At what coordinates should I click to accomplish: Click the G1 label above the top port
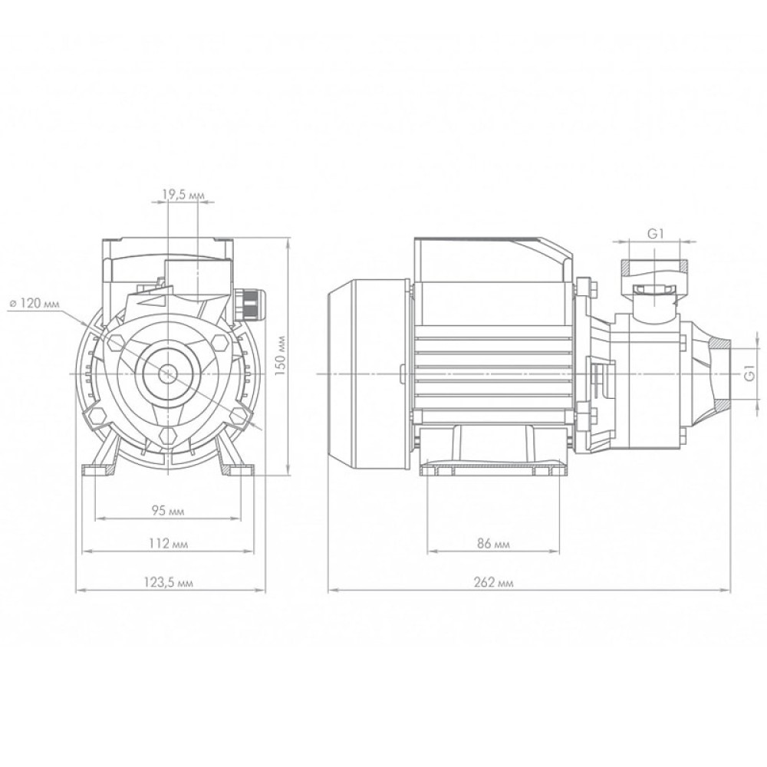pos(654,235)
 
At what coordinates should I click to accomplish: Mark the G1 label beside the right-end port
pos(751,375)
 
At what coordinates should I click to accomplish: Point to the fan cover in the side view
pos(360,374)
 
